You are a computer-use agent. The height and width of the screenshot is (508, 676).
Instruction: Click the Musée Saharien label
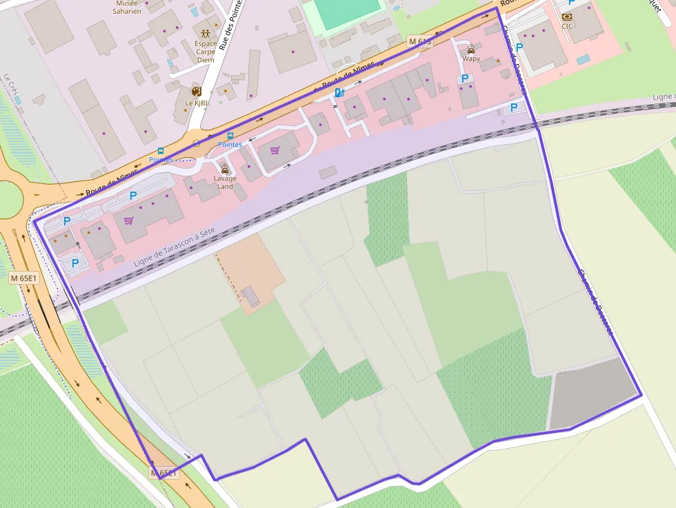(x=126, y=7)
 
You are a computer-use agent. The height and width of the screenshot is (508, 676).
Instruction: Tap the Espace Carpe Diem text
(x=206, y=52)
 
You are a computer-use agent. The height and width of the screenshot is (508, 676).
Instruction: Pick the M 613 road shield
(x=419, y=41)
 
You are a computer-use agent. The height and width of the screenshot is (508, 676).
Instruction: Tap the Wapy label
(x=471, y=59)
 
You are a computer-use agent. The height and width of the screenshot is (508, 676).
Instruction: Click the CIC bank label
(x=567, y=27)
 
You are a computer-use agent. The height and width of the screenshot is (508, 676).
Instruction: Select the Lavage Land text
(x=225, y=183)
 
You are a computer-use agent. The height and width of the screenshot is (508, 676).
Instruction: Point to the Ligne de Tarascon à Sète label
(x=175, y=246)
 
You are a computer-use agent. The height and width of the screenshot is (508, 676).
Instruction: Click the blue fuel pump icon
(x=339, y=93)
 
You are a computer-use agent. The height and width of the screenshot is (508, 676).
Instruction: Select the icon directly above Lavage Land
(x=224, y=169)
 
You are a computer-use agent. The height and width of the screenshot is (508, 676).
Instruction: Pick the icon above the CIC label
(x=567, y=17)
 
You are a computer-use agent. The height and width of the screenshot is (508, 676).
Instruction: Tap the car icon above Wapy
(x=471, y=49)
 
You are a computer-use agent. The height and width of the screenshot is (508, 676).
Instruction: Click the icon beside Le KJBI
(x=196, y=91)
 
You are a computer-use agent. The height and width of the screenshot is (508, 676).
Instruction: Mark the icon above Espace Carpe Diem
(x=206, y=32)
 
